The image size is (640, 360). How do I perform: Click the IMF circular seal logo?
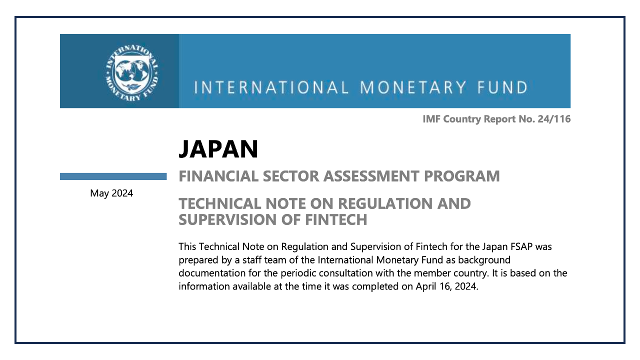click(x=132, y=71)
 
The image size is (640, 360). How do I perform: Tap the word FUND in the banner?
click(x=501, y=88)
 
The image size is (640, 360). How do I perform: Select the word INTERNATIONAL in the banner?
click(x=271, y=88)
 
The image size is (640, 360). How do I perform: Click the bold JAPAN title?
click(x=218, y=149)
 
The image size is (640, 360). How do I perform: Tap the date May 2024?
click(x=111, y=193)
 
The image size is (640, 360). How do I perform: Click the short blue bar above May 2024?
click(x=113, y=176)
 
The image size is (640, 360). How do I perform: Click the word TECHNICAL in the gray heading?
click(x=220, y=204)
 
